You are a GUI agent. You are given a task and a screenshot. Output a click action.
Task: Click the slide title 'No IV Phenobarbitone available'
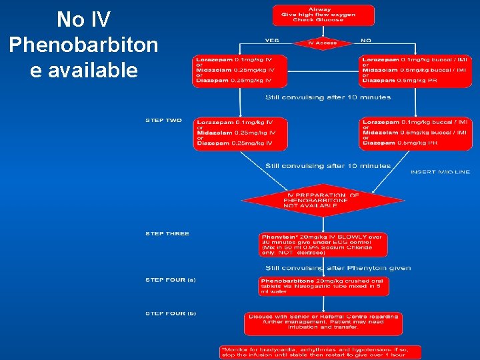click(x=83, y=45)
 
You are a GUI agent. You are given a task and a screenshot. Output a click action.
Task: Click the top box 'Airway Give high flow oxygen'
click(x=323, y=15)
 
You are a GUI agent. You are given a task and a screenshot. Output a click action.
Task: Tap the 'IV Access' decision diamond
click(x=323, y=43)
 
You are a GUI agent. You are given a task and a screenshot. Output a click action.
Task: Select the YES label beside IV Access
click(x=272, y=40)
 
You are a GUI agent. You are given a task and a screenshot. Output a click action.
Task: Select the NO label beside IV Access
click(x=366, y=40)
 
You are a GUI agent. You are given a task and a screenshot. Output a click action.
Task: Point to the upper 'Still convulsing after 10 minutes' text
click(x=328, y=97)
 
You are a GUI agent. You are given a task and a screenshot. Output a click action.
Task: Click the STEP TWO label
click(x=163, y=121)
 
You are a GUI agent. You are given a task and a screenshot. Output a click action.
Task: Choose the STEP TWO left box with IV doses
click(x=239, y=133)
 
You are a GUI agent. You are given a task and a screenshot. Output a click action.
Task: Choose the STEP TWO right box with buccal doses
click(x=415, y=133)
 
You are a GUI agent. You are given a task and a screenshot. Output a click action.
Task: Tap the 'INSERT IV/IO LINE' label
click(x=440, y=172)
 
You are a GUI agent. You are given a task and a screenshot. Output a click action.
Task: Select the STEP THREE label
click(x=167, y=234)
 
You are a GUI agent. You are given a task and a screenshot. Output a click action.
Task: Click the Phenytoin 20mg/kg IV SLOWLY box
click(x=323, y=245)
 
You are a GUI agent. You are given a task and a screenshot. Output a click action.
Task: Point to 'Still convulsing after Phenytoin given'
click(x=338, y=268)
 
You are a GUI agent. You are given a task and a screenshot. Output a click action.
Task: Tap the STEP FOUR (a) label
click(x=171, y=280)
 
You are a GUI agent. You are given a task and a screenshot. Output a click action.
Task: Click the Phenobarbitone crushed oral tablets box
click(x=323, y=286)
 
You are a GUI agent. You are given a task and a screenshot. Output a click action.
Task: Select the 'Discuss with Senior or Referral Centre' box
click(x=323, y=323)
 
